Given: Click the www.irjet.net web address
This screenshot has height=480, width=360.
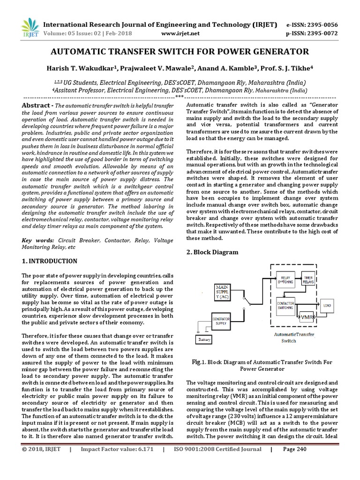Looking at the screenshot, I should click(x=180, y=34).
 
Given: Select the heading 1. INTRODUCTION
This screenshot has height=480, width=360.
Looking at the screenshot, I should click(x=50, y=261).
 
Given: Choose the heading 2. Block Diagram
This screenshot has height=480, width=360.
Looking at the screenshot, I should click(x=212, y=252).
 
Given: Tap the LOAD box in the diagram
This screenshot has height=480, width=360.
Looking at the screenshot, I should click(x=327, y=306).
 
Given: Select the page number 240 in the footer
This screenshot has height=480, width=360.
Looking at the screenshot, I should click(x=301, y=462).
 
